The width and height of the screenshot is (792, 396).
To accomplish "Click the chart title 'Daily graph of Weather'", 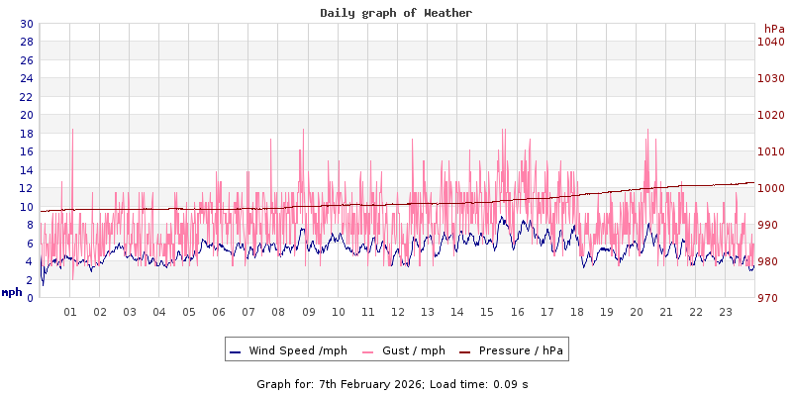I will coord(396,13).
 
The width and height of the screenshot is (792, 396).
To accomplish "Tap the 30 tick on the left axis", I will coord(26,24).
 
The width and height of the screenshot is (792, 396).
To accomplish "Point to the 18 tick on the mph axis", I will coord(26,133).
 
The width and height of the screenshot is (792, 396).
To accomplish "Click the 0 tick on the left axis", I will coord(29,297).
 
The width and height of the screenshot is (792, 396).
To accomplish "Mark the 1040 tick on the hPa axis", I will coord(771,42).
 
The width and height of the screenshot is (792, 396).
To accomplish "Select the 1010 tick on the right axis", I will coord(771,151).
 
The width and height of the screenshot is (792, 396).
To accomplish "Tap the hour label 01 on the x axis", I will coord(70,312).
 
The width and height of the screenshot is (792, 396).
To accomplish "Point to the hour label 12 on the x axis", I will coord(398,312).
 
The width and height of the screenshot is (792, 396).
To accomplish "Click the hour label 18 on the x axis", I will coord(576,312).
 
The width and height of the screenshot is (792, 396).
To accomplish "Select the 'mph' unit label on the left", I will coord(12,292).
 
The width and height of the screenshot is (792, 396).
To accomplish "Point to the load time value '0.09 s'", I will coord(512,383).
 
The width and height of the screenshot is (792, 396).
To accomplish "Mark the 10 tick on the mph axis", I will coord(26,206).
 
